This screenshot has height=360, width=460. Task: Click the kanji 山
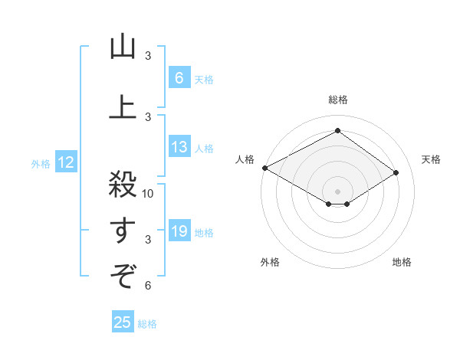pos(123,47)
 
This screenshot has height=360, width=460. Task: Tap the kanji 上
pos(123,108)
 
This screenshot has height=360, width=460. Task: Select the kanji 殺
pos(123,185)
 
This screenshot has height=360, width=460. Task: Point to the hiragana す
pos(123,231)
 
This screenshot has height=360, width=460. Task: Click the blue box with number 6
pos(179,78)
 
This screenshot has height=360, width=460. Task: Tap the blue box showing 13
pos(179,147)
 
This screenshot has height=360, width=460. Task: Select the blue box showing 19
pos(179,231)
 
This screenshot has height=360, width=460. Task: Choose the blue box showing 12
pos(66,162)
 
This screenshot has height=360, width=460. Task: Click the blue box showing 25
pos(123,322)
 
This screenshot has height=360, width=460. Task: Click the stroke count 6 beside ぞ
pos(148,286)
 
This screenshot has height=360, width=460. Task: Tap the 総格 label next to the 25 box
pos(147,324)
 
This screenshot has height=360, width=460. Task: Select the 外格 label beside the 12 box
pos(41,163)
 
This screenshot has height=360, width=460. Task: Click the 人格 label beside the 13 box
pos(204,148)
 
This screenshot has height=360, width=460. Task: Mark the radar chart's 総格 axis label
pos(337,100)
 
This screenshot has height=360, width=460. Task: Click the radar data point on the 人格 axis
pos(264,167)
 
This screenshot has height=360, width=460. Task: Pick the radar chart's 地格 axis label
pos(402,262)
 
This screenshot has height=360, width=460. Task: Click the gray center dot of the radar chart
pos(337,190)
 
